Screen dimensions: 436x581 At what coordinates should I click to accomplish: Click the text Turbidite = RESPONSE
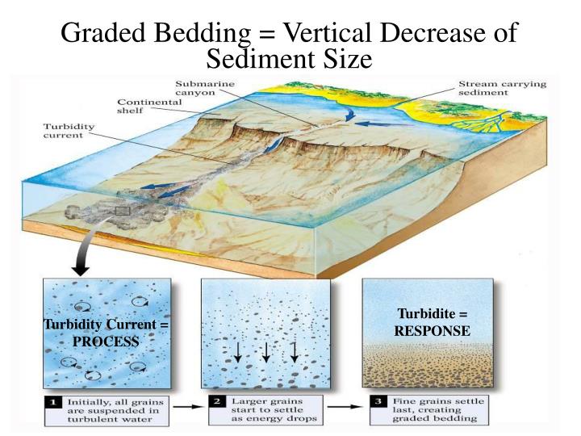[432, 322]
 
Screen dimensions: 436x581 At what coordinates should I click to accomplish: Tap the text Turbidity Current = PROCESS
[106, 333]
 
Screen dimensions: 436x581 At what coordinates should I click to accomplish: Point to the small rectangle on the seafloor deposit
[123, 212]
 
